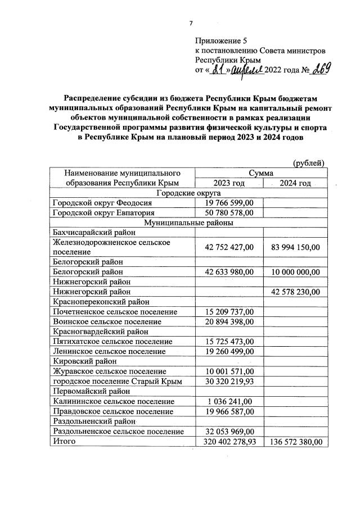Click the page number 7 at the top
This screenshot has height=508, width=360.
(x=191, y=23)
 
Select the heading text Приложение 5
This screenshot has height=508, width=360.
(x=221, y=41)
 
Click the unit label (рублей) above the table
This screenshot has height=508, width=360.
(x=309, y=163)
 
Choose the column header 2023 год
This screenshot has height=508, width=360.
(x=229, y=183)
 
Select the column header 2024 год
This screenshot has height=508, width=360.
(x=296, y=183)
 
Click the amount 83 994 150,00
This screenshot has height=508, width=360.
(x=296, y=247)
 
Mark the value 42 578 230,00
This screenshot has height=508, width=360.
(x=296, y=292)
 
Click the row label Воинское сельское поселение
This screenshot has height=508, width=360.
(x=106, y=321)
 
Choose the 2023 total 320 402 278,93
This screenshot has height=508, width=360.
(x=230, y=442)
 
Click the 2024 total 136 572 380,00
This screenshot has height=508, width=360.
(x=296, y=442)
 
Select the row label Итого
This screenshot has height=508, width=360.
(x=64, y=442)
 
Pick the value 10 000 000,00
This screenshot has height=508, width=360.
(x=296, y=272)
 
